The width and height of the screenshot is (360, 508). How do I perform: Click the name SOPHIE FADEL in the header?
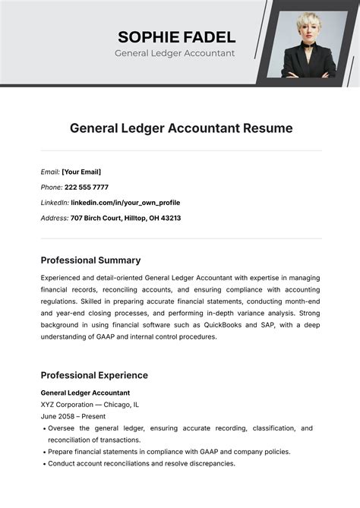(x=176, y=36)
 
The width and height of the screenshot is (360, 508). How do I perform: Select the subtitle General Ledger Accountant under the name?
(x=175, y=54)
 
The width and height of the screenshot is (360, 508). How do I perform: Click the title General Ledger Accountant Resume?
(x=181, y=128)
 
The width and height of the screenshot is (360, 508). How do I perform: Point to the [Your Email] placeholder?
(x=81, y=172)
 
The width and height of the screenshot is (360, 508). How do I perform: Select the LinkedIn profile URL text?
(x=126, y=203)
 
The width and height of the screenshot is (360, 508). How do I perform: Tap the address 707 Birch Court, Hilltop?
(x=125, y=218)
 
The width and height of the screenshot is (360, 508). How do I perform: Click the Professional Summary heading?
(x=90, y=260)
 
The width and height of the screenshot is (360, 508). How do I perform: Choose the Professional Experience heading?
(x=94, y=375)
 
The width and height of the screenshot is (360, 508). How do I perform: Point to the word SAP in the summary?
(x=269, y=325)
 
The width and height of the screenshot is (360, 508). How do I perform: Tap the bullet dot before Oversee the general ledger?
(x=43, y=428)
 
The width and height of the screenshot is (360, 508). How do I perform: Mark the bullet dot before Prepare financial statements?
(x=43, y=452)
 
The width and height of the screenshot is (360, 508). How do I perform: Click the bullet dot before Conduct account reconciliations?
(x=43, y=463)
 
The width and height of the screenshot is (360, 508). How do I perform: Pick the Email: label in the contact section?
(x=50, y=172)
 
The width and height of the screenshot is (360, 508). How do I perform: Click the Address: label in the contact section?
(x=54, y=218)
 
